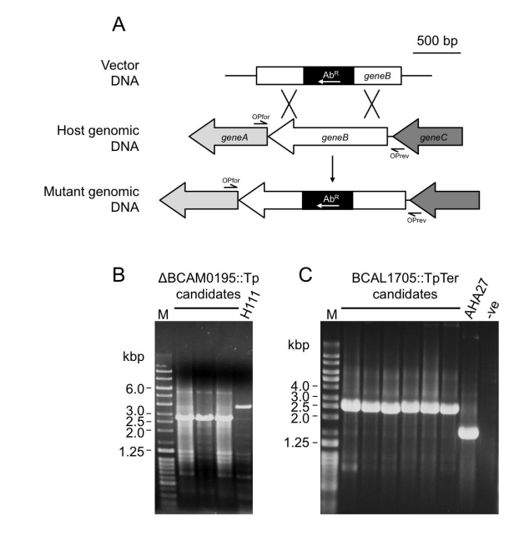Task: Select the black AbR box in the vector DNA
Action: [x=328, y=76]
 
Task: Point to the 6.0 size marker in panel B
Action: [x=136, y=388]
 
